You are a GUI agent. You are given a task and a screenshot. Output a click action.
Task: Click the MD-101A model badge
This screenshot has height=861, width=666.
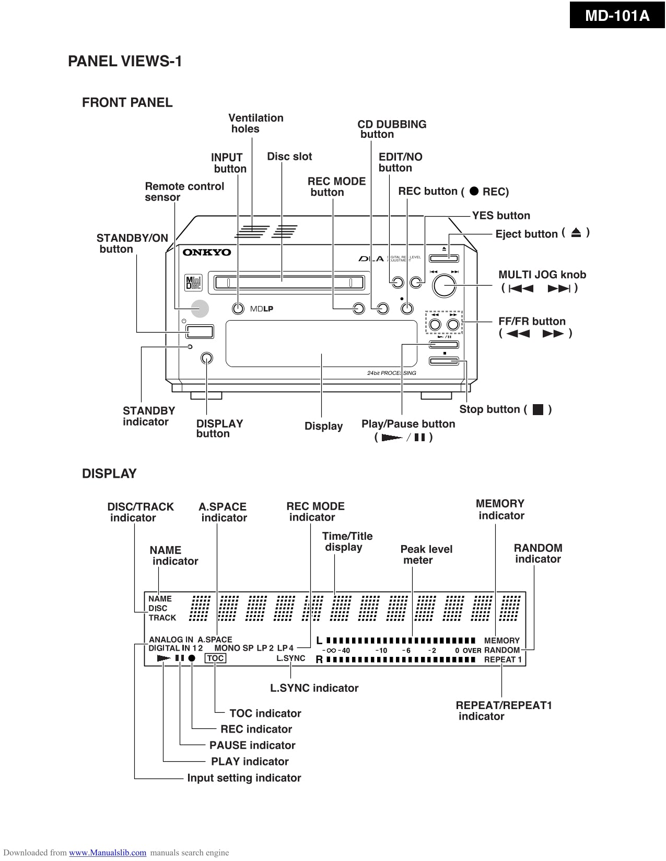(x=617, y=16)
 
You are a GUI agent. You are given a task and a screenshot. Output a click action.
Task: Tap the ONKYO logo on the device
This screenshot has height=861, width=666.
(x=206, y=253)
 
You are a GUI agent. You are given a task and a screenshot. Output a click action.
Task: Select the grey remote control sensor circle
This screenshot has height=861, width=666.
(x=199, y=309)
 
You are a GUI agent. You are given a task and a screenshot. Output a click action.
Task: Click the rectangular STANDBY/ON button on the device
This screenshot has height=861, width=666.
(x=200, y=331)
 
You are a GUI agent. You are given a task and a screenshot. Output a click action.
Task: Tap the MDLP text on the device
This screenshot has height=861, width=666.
(x=261, y=309)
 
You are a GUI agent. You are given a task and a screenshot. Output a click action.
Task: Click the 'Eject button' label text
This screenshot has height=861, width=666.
(x=526, y=234)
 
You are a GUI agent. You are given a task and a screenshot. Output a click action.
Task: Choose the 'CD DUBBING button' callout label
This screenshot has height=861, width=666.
(x=391, y=129)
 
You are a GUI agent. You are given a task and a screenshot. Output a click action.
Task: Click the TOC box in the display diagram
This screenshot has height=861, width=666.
(x=215, y=658)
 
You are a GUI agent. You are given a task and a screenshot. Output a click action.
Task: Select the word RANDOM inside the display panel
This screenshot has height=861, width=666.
(x=501, y=650)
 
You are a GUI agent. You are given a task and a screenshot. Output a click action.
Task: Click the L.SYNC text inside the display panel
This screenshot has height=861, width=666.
(x=290, y=658)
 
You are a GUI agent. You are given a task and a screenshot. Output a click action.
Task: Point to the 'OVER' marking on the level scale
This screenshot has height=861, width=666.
(x=472, y=651)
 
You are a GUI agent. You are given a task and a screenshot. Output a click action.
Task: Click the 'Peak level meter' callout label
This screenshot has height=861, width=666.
(x=426, y=555)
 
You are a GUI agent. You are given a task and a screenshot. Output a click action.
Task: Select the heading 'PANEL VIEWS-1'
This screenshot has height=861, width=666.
(x=125, y=62)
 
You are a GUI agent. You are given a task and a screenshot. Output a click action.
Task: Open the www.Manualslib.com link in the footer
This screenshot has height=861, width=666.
(x=108, y=853)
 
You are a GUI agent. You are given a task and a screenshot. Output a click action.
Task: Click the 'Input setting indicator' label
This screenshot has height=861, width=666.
(x=244, y=778)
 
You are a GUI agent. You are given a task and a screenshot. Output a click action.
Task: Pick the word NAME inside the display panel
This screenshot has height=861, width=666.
(x=160, y=599)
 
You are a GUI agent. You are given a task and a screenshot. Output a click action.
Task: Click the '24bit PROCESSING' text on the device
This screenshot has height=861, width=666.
(x=391, y=373)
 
